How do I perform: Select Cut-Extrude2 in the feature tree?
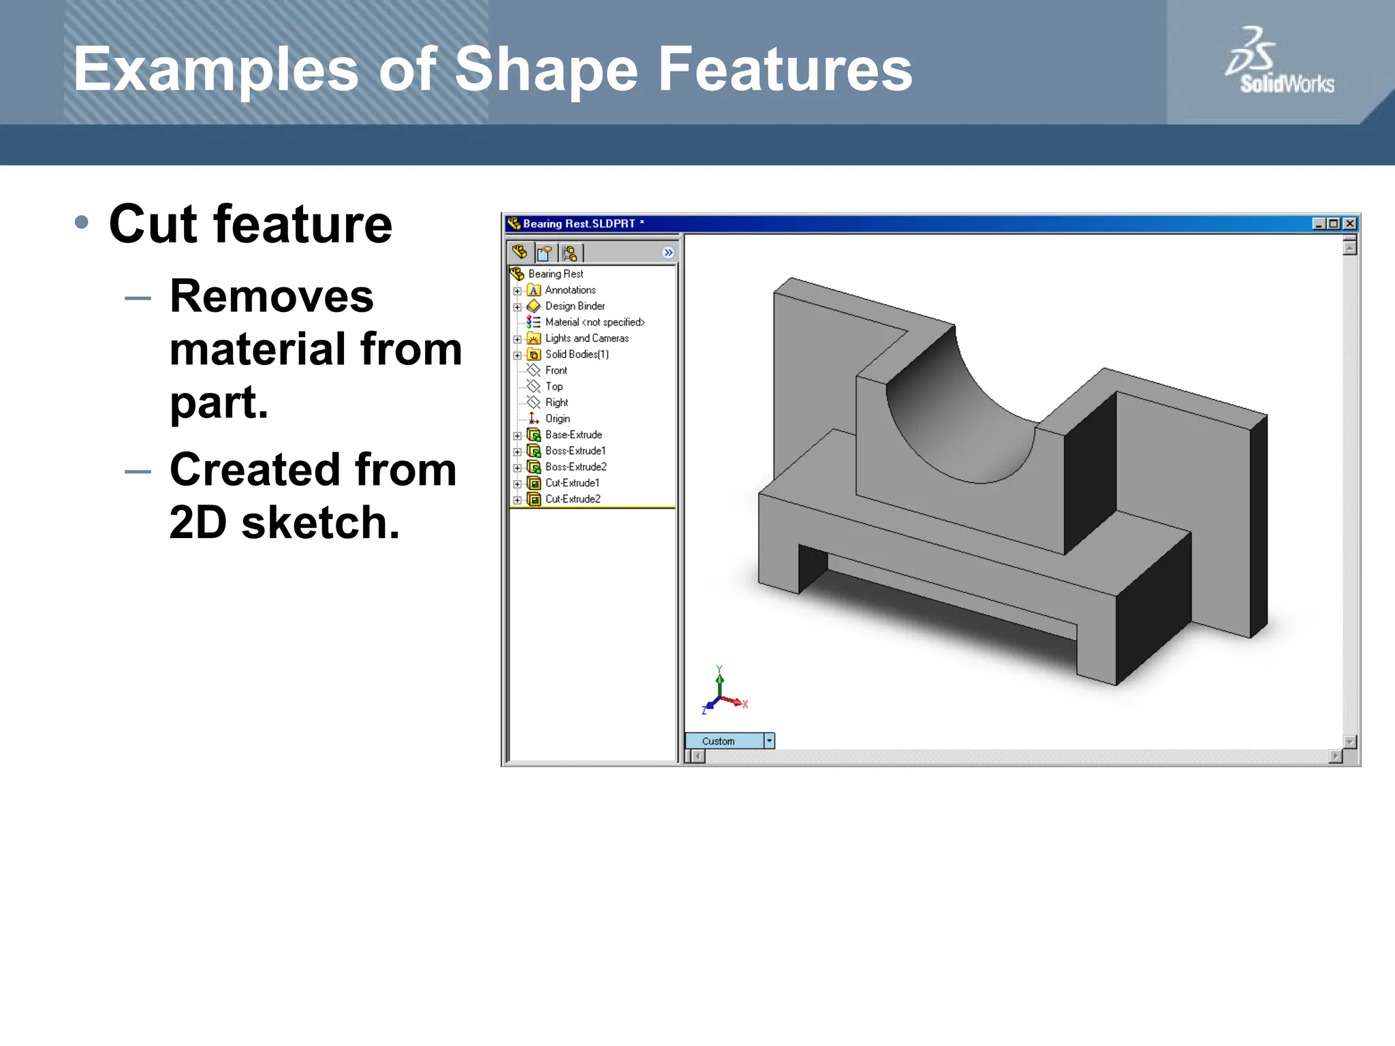click(x=572, y=499)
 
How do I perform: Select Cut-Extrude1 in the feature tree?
click(x=572, y=483)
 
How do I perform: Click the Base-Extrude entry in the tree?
click(x=573, y=434)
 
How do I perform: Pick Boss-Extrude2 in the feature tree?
click(x=576, y=467)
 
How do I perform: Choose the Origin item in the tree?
click(x=557, y=419)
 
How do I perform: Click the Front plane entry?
click(x=556, y=370)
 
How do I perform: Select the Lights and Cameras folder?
click(x=586, y=338)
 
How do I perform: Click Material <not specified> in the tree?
click(x=594, y=322)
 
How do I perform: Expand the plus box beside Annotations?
click(x=517, y=291)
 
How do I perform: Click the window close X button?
click(x=1349, y=223)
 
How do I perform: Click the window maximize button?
click(x=1334, y=223)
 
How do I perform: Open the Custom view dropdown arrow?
click(x=769, y=741)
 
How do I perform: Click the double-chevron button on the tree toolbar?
click(x=668, y=253)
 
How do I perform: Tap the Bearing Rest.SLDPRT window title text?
click(x=578, y=223)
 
